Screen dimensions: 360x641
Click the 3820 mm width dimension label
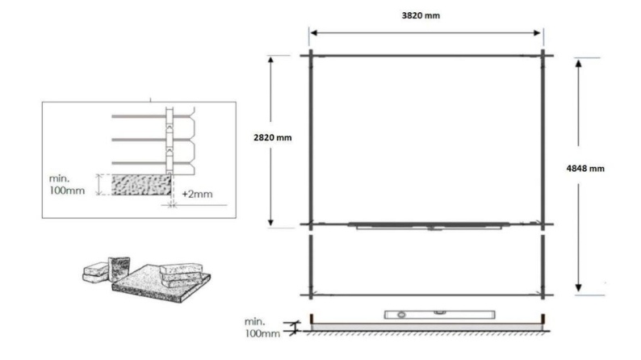tap(427, 16)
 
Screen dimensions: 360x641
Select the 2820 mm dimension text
tap(272, 137)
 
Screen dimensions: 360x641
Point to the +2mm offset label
tap(196, 195)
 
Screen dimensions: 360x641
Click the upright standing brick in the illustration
tap(119, 266)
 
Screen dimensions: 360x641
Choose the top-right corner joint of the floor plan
tap(544, 55)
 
